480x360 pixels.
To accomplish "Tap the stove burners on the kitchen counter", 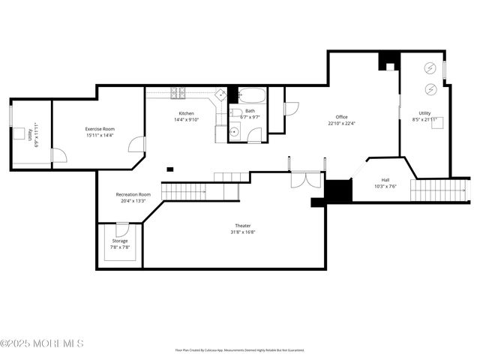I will pyautogui.click(x=178, y=94).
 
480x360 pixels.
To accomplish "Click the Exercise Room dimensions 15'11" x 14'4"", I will pyautogui.click(x=99, y=136).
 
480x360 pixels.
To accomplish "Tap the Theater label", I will pyautogui.click(x=243, y=226).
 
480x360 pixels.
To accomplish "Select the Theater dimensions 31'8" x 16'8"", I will pyautogui.click(x=243, y=232).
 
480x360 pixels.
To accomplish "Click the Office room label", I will pyautogui.click(x=341, y=117).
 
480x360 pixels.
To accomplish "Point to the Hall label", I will pyautogui.click(x=385, y=180).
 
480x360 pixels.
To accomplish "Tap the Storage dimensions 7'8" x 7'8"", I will pyautogui.click(x=120, y=247).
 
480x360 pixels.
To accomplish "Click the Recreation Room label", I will pyautogui.click(x=133, y=194).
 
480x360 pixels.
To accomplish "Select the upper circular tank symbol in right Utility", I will pyautogui.click(x=430, y=68).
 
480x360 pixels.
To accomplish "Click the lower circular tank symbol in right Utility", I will pyautogui.click(x=430, y=89).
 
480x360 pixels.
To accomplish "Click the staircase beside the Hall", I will pyautogui.click(x=439, y=191).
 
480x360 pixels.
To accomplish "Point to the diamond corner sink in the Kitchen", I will pyautogui.click(x=221, y=94).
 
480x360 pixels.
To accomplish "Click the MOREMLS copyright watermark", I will pyautogui.click(x=42, y=343).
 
